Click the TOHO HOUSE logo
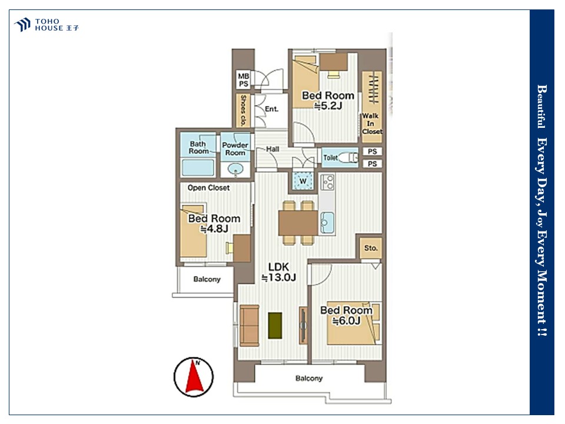[46, 25]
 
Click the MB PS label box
[244, 80]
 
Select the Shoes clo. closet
[243, 110]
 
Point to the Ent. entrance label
[271, 109]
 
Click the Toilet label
[330, 158]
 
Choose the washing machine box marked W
[303, 181]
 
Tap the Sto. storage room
[371, 248]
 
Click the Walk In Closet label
[372, 124]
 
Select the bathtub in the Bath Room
[198, 167]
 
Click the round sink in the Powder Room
[235, 168]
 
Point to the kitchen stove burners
[327, 183]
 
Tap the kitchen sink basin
[327, 223]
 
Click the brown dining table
[298, 223]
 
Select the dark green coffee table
[275, 326]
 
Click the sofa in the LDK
[250, 326]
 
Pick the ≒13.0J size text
[278, 277]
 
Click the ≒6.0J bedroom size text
[346, 320]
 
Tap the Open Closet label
[208, 188]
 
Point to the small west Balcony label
[207, 279]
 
